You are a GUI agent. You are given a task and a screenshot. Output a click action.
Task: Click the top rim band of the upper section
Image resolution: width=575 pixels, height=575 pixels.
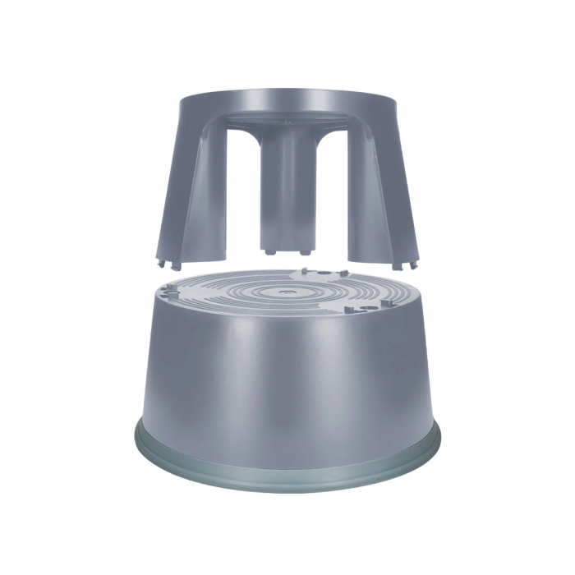[x=287, y=103]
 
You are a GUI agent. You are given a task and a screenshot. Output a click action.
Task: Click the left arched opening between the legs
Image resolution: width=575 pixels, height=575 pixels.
[x=238, y=189]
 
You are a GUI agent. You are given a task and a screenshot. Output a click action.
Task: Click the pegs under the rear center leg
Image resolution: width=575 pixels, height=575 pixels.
[x=287, y=246]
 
